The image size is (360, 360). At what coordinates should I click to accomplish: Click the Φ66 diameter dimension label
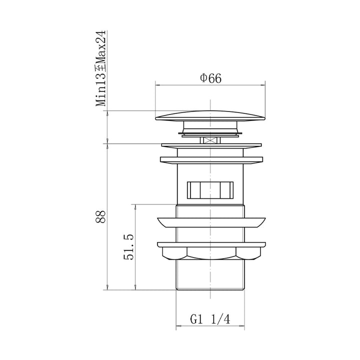coord(211,78)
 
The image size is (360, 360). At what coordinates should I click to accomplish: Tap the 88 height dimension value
coord(100,216)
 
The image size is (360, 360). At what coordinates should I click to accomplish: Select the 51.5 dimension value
coord(128,247)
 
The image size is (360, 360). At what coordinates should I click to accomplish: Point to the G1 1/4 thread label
coord(210,319)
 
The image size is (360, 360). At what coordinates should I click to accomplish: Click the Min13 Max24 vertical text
coord(101,68)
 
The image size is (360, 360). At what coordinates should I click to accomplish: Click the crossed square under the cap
coord(210,140)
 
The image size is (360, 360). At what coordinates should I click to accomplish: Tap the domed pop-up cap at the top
coord(210,115)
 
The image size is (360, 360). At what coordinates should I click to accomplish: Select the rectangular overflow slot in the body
coord(210,190)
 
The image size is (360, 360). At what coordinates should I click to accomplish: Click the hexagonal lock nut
coord(211,253)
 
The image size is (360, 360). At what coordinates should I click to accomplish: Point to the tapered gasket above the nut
coord(211,222)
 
